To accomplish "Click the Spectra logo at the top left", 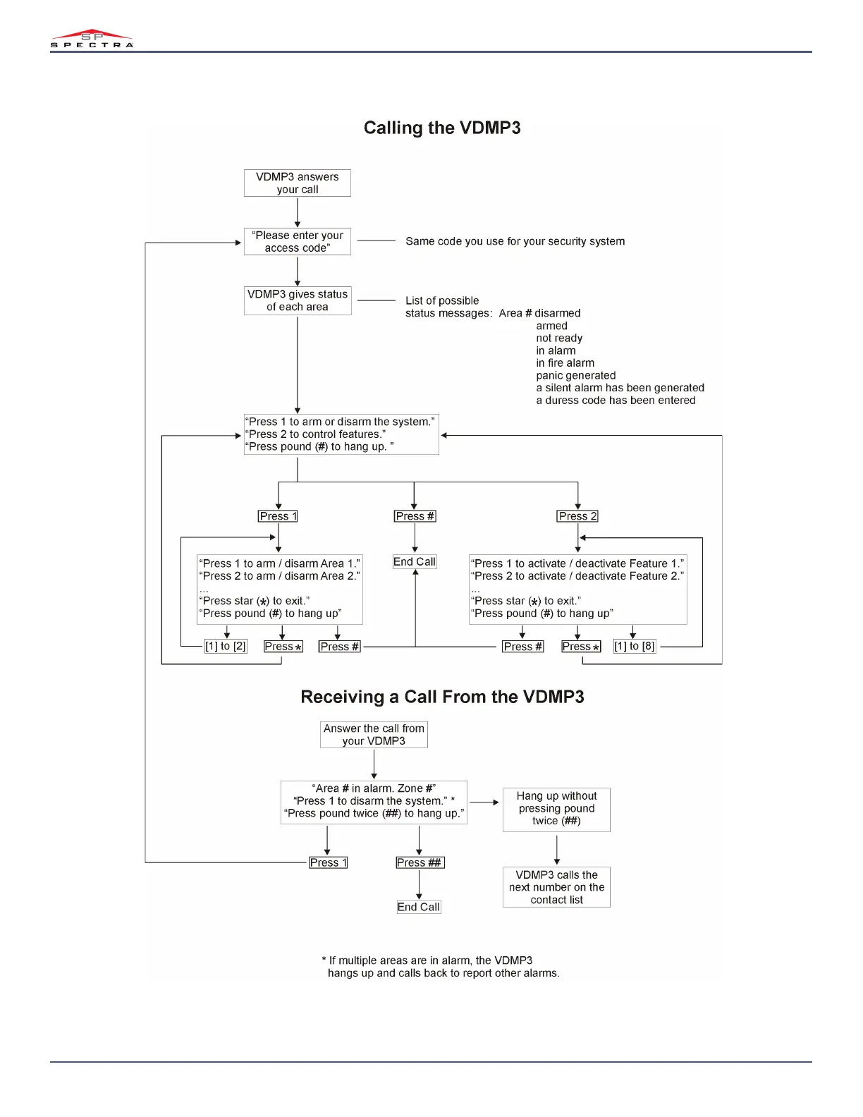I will click(x=92, y=39).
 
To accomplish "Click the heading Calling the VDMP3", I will click(x=442, y=128).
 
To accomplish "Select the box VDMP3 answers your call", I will click(x=298, y=183).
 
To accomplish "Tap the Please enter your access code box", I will click(x=298, y=242).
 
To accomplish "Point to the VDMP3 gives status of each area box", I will click(x=298, y=300).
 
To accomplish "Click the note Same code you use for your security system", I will click(x=515, y=241).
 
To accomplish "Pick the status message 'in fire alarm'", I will click(x=565, y=363).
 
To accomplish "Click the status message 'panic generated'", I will click(x=575, y=376).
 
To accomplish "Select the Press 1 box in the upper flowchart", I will click(x=278, y=516).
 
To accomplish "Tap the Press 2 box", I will click(x=577, y=516).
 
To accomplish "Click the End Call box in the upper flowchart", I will click(x=415, y=562).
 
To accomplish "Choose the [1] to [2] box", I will click(x=226, y=646).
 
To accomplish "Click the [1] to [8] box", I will click(x=635, y=646).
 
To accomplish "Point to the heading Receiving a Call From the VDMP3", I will click(x=442, y=697).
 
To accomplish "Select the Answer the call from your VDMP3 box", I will click(x=374, y=735).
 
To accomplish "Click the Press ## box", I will click(x=420, y=862).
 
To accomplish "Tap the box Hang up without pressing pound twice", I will click(x=556, y=809).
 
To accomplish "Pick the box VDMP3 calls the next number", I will click(x=556, y=887).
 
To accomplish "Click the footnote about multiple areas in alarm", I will click(x=441, y=967).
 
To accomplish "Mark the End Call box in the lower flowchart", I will click(x=419, y=907).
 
